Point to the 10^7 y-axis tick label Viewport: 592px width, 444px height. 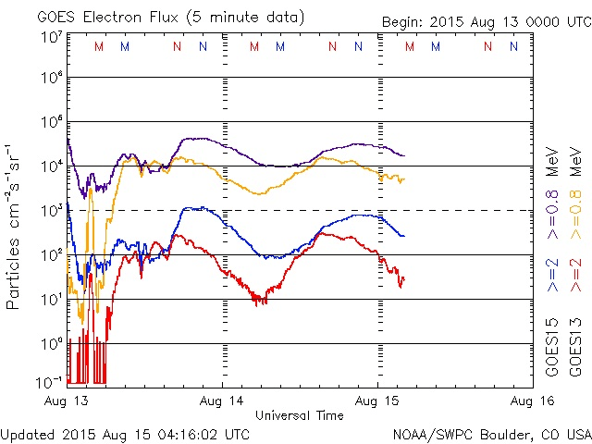pyautogui.click(x=50, y=36)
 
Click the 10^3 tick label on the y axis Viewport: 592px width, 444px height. pyautogui.click(x=50, y=210)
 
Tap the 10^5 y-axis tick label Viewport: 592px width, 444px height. pyautogui.click(x=50, y=123)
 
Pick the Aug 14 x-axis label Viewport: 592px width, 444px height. pyautogui.click(x=223, y=401)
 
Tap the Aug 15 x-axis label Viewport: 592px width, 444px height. pyautogui.click(x=377, y=401)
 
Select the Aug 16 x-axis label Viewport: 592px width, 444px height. pyautogui.click(x=531, y=401)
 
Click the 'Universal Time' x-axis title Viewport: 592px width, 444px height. pyautogui.click(x=299, y=415)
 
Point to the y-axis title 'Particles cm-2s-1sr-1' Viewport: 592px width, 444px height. pyautogui.click(x=16, y=225)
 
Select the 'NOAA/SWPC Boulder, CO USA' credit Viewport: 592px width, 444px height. pyautogui.click(x=491, y=433)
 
